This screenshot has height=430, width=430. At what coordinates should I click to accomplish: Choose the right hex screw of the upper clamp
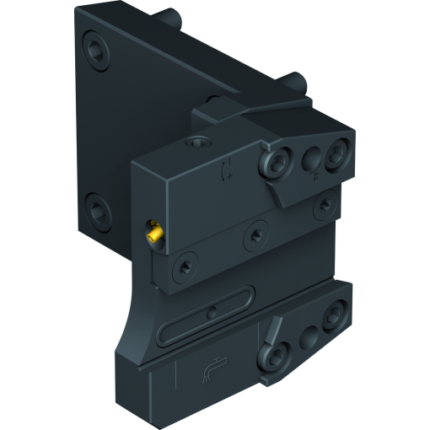pyautogui.click(x=339, y=153)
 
